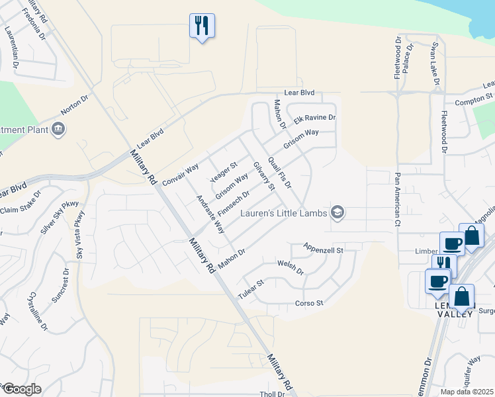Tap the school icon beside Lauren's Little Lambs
tap(338, 212)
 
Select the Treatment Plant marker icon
tap(58, 128)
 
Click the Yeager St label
tap(224, 172)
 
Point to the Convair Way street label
tap(181, 174)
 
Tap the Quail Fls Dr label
tap(280, 172)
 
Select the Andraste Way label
tap(210, 214)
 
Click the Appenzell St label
tap(324, 249)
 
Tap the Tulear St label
tap(251, 290)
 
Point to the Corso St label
tap(308, 304)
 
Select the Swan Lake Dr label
tap(435, 66)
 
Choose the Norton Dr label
tap(74, 105)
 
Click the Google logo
tap(21, 389)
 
